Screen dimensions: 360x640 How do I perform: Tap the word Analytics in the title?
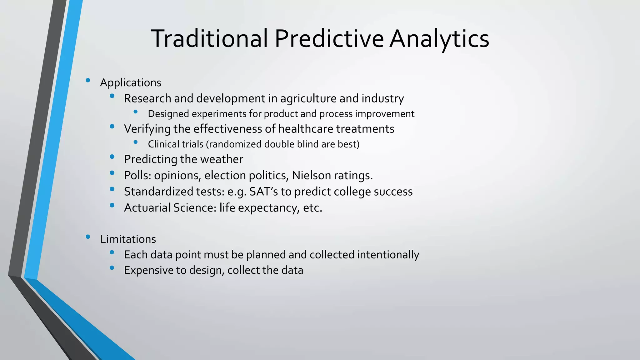click(439, 38)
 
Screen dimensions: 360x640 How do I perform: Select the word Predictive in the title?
click(329, 38)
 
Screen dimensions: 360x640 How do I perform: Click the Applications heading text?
click(130, 83)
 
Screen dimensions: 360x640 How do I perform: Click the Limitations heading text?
click(128, 239)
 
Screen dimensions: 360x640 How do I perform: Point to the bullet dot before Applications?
click(88, 81)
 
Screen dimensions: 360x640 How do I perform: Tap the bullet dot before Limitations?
click(88, 237)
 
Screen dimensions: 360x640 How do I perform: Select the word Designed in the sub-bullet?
click(168, 114)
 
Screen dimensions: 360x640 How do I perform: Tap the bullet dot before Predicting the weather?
click(112, 157)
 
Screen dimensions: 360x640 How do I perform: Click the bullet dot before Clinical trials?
click(135, 142)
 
